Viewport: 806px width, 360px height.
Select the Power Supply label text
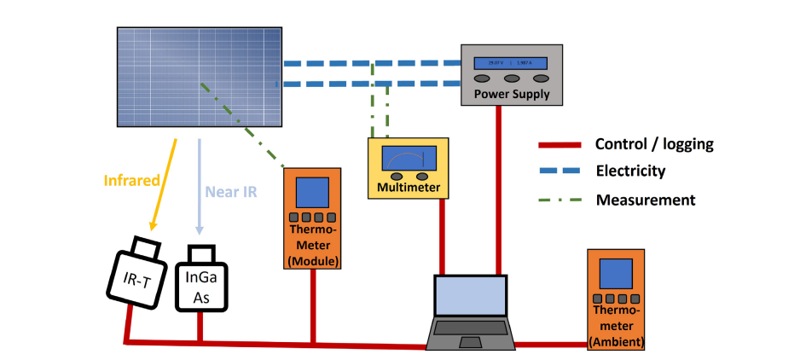[512, 94]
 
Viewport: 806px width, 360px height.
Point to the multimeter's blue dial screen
[409, 160]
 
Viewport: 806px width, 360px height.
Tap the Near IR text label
[231, 190]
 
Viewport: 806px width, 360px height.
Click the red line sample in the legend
[559, 144]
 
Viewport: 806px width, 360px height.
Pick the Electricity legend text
[630, 171]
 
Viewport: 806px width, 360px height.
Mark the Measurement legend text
[646, 200]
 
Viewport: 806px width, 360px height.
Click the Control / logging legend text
[654, 144]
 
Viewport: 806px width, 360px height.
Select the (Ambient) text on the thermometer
[616, 342]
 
